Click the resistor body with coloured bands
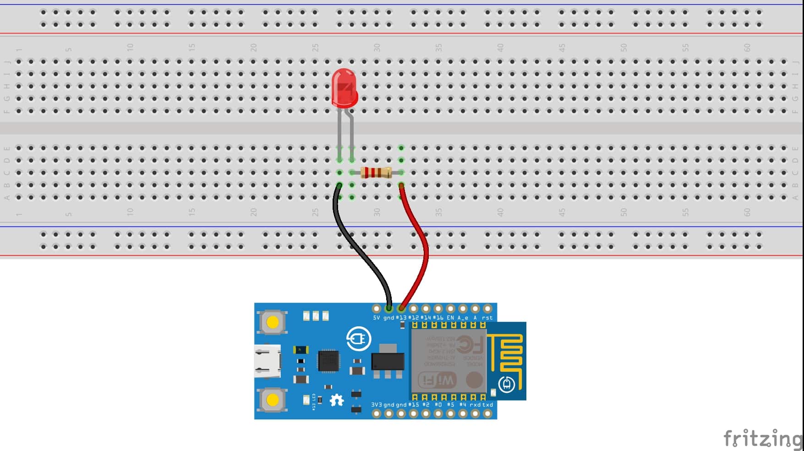pos(376,173)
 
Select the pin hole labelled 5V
pos(377,309)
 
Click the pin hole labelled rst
pos(487,309)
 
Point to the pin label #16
pos(438,318)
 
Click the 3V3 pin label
pos(377,405)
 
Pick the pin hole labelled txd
pos(487,413)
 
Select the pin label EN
pos(450,318)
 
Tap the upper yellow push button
pos(272,322)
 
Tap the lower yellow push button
pos(272,400)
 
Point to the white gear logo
pos(337,401)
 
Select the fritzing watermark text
pos(762,438)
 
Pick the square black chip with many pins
pos(329,361)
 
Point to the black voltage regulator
pos(388,361)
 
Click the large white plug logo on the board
pos(358,339)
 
